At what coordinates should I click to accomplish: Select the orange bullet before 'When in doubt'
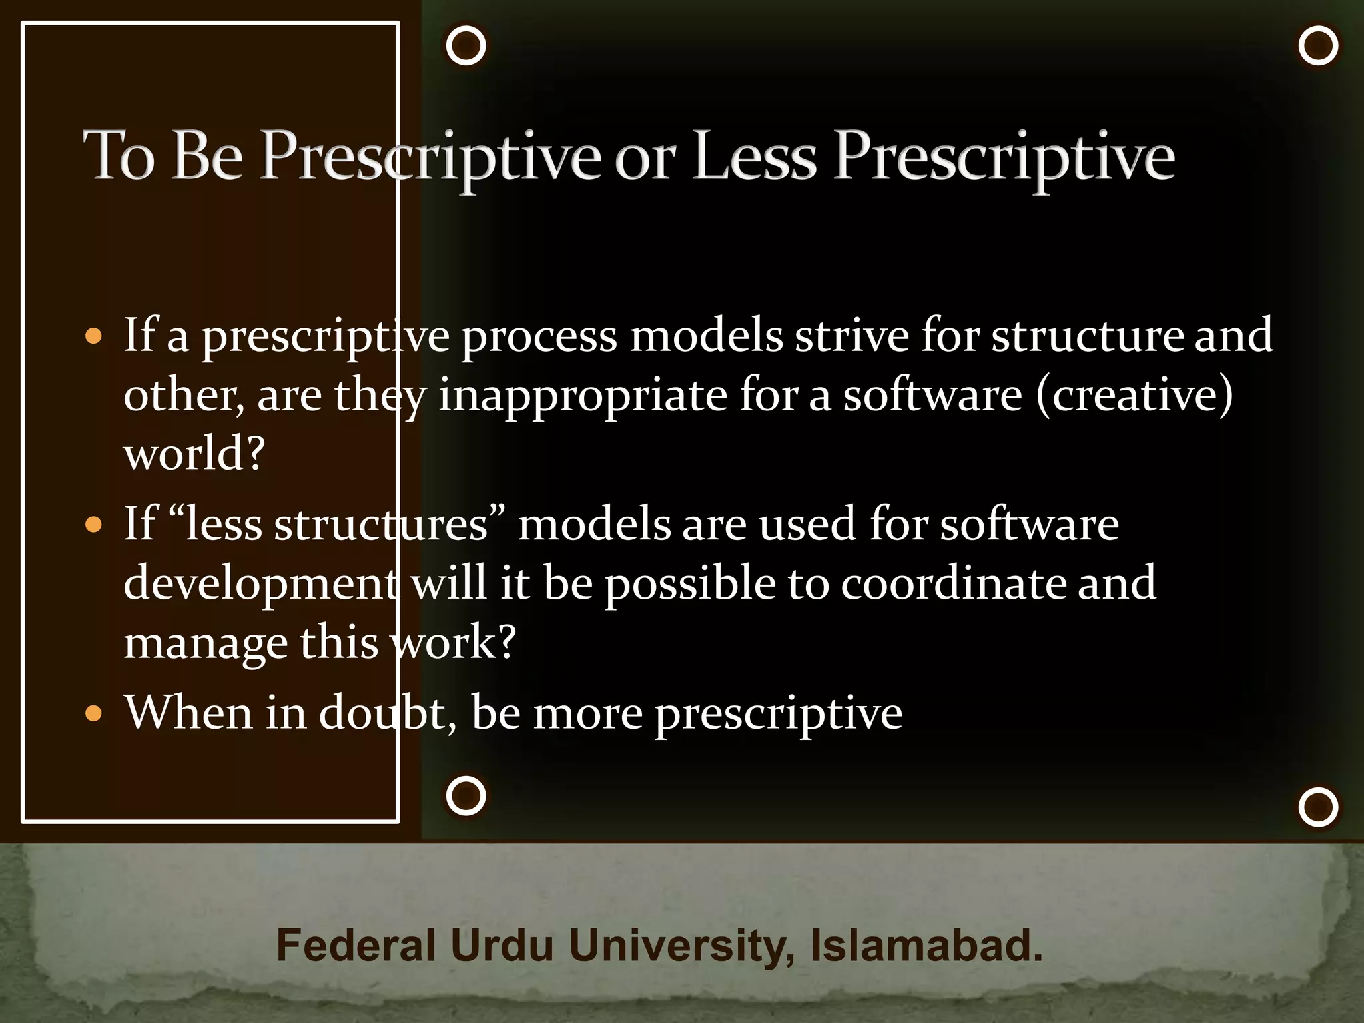click(94, 714)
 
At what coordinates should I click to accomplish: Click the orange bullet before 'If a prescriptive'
click(94, 336)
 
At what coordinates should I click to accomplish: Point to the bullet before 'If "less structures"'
click(94, 525)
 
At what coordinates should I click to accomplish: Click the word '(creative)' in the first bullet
click(1134, 396)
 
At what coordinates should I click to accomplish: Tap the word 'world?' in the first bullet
click(194, 454)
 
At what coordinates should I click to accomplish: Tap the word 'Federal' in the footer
click(356, 946)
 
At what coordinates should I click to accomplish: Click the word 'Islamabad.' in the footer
click(926, 946)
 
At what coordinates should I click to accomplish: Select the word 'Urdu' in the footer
click(502, 946)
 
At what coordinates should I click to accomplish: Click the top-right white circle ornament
click(1318, 46)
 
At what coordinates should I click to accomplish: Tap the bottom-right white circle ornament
click(1318, 807)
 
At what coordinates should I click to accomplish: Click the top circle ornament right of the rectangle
click(466, 46)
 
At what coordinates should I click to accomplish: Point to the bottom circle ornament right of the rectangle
click(466, 795)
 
